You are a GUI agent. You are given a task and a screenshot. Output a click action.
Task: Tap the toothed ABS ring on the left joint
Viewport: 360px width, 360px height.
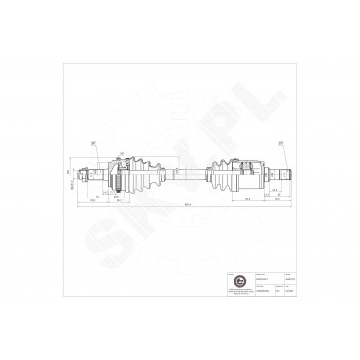coord(115,175)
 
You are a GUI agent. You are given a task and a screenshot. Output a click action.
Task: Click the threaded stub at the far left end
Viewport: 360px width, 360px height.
coord(88,176)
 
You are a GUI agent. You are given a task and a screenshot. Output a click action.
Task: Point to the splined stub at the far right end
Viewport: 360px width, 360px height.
coord(283,174)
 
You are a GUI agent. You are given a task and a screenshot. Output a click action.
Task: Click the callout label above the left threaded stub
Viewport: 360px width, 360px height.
coord(93,143)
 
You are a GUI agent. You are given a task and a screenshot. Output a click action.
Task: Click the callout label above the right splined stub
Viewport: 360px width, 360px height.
coord(280,142)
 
